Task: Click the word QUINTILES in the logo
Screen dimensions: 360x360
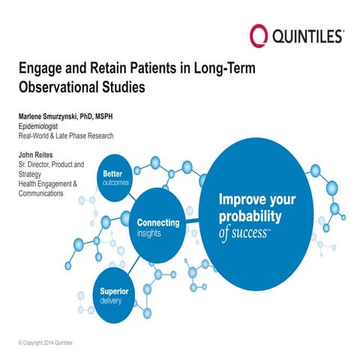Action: click(x=308, y=35)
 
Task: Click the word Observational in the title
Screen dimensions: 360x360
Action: click(x=57, y=86)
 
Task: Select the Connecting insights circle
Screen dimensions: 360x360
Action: click(x=158, y=227)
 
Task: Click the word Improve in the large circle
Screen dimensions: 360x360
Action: click(x=240, y=200)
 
